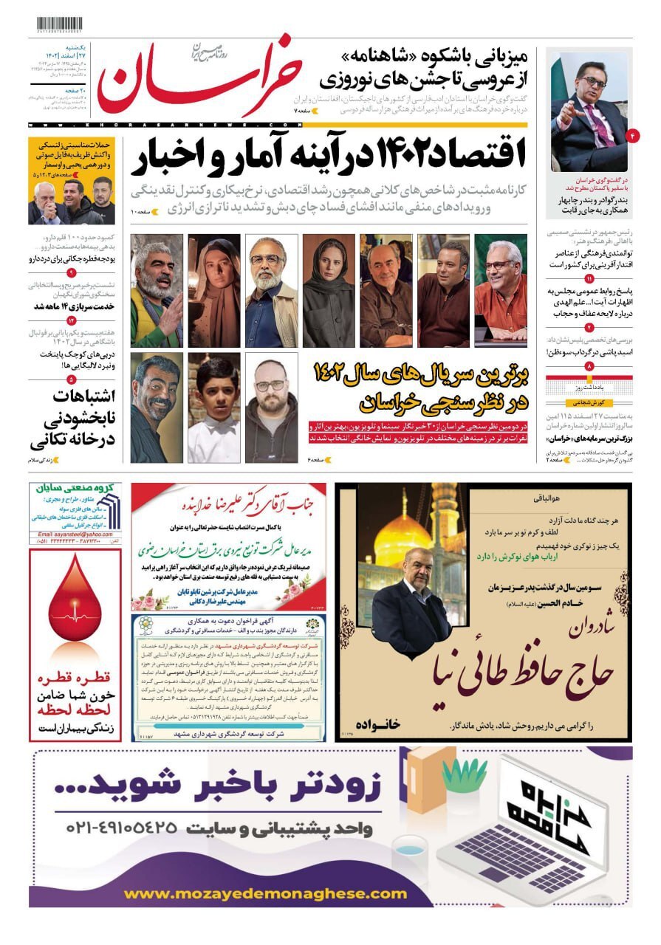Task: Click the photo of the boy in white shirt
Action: coord(213,408)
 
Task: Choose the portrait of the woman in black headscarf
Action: coord(328,291)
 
